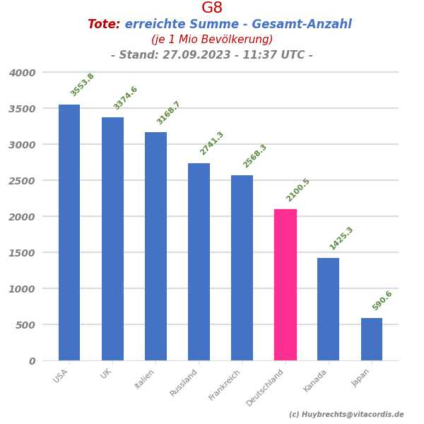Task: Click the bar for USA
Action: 69,232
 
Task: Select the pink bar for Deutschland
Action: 285,285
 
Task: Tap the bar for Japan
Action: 372,339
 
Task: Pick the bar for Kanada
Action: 328,309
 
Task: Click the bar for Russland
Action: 199,261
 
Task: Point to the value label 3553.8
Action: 82,85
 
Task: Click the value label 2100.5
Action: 298,190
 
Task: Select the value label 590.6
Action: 382,300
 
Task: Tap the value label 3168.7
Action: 168,113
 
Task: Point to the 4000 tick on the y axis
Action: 22,73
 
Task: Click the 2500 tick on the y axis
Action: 22,181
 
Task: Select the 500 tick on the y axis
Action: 27,325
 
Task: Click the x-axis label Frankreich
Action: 225,384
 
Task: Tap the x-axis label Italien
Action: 144,379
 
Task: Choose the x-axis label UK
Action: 107,373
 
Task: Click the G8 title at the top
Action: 212,8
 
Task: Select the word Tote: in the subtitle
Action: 104,25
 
